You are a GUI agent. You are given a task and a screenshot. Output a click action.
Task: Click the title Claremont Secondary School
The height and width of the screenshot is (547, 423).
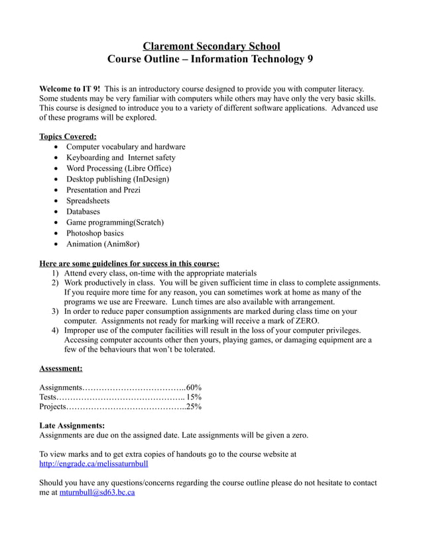(x=211, y=46)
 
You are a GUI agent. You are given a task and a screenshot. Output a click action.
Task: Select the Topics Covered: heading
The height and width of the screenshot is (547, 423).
(x=68, y=136)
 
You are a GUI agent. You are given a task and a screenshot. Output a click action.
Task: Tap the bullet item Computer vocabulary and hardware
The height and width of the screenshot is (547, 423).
(x=125, y=146)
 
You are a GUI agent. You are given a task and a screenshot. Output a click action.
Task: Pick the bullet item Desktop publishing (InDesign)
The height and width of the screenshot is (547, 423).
(x=117, y=179)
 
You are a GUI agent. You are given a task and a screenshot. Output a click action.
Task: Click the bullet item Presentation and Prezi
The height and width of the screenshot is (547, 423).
(x=103, y=189)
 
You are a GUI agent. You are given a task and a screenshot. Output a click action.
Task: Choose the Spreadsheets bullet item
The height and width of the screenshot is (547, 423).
(x=88, y=201)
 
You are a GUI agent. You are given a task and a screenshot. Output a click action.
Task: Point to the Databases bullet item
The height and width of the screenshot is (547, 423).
(x=83, y=211)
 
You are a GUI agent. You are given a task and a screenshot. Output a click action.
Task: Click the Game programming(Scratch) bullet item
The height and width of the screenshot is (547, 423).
(x=115, y=223)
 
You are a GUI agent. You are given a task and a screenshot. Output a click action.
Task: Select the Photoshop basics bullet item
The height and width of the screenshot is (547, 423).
(x=95, y=233)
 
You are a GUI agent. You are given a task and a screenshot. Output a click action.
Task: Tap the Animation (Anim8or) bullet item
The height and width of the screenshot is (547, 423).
(x=102, y=244)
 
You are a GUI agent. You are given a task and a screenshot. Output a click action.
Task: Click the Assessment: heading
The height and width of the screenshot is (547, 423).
(x=61, y=368)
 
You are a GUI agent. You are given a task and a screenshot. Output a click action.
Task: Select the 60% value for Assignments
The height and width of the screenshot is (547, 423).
(x=194, y=387)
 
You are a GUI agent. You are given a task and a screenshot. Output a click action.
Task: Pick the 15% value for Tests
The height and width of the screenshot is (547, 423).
(x=194, y=397)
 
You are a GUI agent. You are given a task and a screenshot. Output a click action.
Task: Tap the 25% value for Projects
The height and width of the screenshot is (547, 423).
(x=194, y=407)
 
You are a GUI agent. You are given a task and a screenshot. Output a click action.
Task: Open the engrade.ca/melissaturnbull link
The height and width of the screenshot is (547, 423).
(x=98, y=464)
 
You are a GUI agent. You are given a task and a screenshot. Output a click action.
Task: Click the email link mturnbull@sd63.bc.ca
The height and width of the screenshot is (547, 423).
(x=97, y=493)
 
